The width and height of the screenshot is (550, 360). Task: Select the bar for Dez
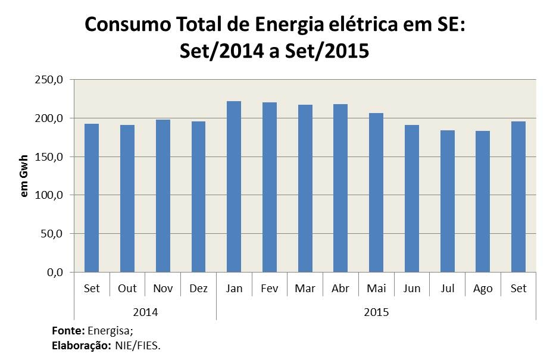click(x=198, y=196)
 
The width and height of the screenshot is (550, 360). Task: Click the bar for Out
click(x=127, y=198)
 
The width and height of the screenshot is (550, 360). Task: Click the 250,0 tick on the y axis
click(x=49, y=80)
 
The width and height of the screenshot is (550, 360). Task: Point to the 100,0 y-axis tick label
click(x=49, y=195)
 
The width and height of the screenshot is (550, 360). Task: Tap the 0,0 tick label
click(x=54, y=273)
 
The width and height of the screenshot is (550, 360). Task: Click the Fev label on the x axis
click(x=270, y=289)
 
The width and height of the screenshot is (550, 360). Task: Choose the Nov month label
click(x=162, y=289)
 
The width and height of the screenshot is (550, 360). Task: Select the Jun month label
click(x=412, y=289)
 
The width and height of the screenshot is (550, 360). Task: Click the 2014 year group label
click(x=145, y=311)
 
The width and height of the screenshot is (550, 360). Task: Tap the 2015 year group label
click(x=376, y=311)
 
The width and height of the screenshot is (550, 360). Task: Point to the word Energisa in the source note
click(x=110, y=331)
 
